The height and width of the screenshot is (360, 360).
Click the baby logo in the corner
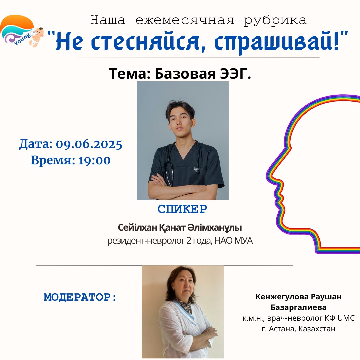coord(22,31)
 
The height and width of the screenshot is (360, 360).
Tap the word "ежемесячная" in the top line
coord(185,20)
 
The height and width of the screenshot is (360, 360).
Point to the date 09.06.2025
coord(89,145)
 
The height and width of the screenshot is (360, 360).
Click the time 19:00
coord(94,160)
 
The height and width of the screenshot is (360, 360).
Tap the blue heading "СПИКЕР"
coord(182,209)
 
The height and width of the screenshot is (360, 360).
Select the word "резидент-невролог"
coord(146,241)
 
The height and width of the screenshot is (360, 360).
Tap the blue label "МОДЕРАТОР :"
coord(80,297)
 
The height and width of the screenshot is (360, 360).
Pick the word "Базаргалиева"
coord(298,307)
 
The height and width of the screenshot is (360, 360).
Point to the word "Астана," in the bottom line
coord(283,329)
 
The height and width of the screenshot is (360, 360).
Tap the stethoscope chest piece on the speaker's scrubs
coord(197,169)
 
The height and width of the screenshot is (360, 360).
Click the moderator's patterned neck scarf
coord(184,305)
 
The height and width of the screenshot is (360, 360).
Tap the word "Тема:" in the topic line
coord(129,74)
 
